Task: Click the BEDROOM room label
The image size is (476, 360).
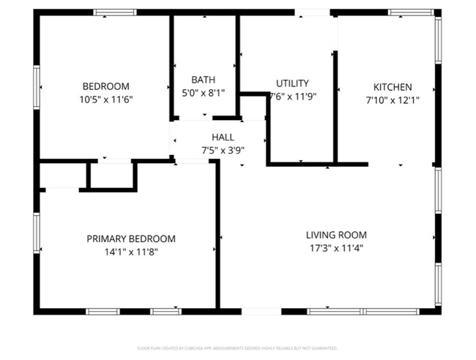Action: coord(105,86)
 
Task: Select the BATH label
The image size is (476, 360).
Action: coord(203,80)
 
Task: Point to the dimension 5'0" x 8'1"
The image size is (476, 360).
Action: coord(203,92)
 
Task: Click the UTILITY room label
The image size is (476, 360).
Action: coord(292,83)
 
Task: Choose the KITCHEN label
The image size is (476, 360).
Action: coord(393,86)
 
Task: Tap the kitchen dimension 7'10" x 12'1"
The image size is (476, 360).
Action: coord(393,100)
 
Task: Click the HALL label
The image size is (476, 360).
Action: coord(223,138)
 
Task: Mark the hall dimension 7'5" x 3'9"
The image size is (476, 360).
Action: coord(223,150)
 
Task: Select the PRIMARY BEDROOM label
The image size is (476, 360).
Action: coord(131,239)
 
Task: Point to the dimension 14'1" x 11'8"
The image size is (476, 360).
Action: coord(131,252)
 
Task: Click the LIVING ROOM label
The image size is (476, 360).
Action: coord(336,235)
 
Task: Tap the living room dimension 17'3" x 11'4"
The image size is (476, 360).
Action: coord(336,248)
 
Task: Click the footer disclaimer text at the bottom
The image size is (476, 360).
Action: coord(237,348)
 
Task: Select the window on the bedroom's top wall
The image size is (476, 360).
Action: coord(115,12)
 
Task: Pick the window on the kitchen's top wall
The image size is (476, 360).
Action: coord(409,12)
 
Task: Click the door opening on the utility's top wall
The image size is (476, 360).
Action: coord(312,12)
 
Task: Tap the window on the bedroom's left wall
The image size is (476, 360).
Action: coord(36,87)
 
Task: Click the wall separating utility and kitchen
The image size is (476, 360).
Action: coord(335,107)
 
